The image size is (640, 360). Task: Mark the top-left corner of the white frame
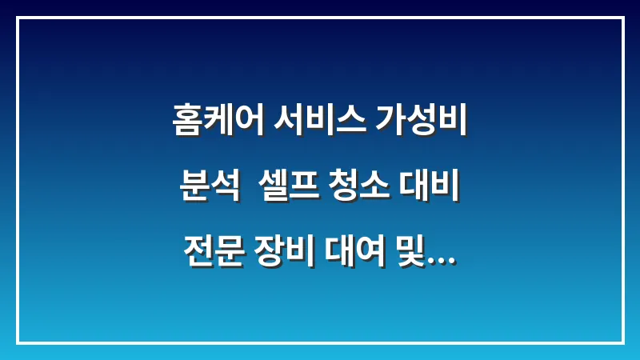[18, 18]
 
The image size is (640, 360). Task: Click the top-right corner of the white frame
[622, 18]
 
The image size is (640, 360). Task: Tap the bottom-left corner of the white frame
[18, 342]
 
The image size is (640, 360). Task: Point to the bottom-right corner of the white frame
[622, 342]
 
